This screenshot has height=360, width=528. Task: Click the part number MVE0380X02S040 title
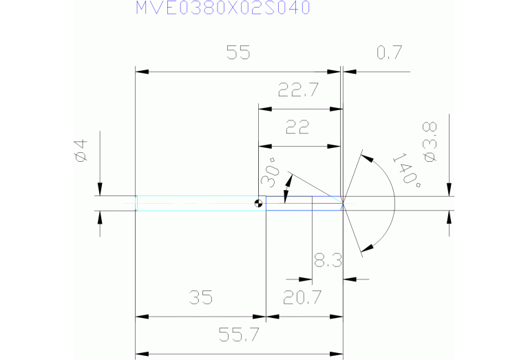click(x=222, y=8)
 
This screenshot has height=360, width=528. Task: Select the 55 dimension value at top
click(x=238, y=52)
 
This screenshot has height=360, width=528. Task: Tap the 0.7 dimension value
click(x=389, y=52)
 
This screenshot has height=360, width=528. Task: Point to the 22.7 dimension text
click(x=299, y=89)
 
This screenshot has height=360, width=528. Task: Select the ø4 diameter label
click(x=81, y=151)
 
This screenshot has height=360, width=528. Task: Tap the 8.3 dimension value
click(x=328, y=261)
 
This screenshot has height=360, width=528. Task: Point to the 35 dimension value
click(x=200, y=297)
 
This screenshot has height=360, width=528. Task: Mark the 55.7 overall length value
click(x=239, y=335)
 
